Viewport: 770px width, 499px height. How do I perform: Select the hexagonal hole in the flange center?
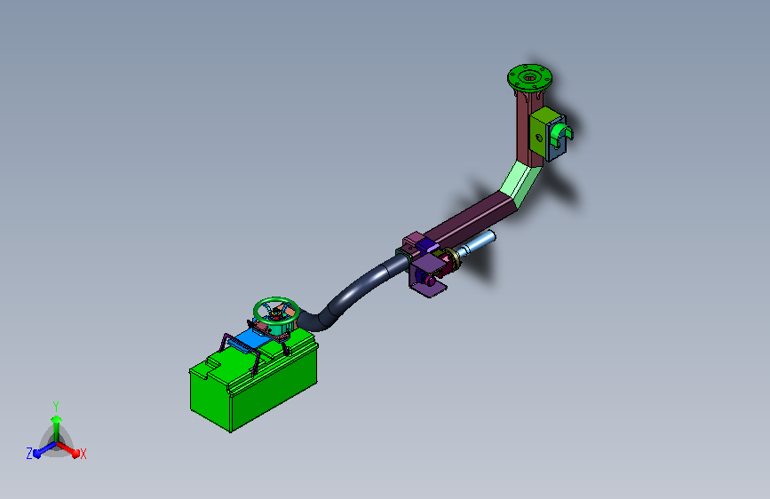529,77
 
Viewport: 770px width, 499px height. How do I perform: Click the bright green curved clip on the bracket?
560,133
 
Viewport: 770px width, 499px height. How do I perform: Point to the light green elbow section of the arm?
521,182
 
